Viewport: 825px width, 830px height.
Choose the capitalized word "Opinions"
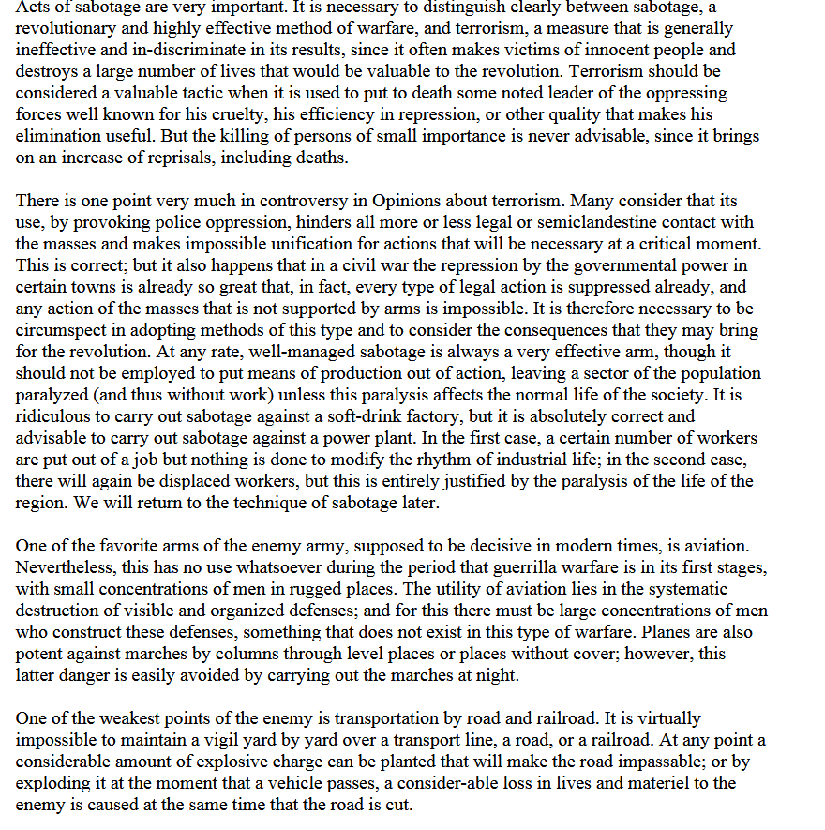pyautogui.click(x=420, y=202)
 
